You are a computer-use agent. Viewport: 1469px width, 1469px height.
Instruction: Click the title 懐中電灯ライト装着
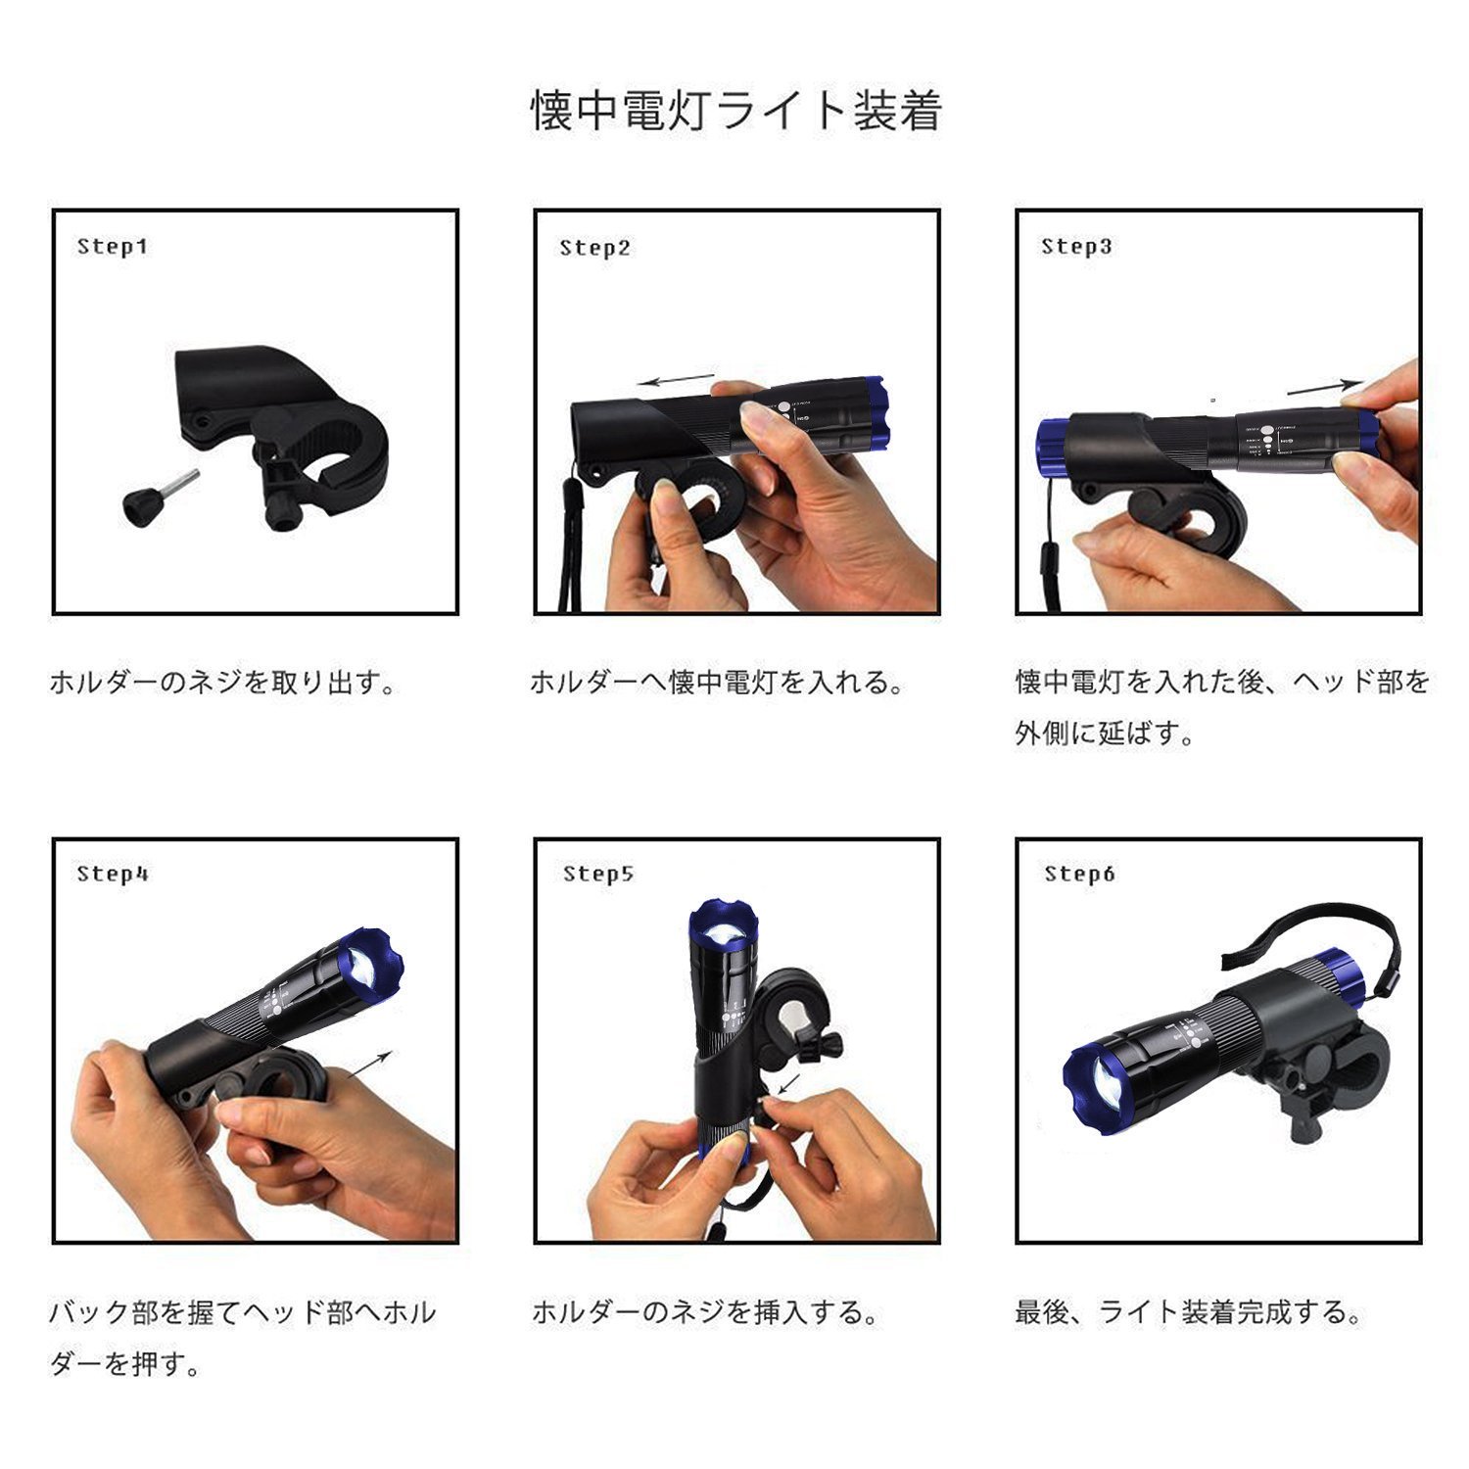pyautogui.click(x=736, y=111)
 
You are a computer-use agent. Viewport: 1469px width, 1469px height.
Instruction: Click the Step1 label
pyautogui.click(x=113, y=247)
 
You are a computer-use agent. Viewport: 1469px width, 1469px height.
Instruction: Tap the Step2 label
pyautogui.click(x=595, y=249)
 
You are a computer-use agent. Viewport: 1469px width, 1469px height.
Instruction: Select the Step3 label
pyautogui.click(x=1076, y=247)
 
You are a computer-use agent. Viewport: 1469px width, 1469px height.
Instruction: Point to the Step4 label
pyautogui.click(x=113, y=875)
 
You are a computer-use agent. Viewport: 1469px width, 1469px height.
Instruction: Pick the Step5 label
pyautogui.click(x=598, y=875)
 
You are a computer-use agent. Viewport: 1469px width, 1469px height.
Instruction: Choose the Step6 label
pyautogui.click(x=1079, y=874)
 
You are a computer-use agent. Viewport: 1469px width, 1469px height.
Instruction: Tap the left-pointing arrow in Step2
pyautogui.click(x=676, y=380)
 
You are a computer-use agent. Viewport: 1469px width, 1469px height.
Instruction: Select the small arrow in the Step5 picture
pyautogui.click(x=788, y=1084)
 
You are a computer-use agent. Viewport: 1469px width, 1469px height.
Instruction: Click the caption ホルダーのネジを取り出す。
pyautogui.click(x=224, y=683)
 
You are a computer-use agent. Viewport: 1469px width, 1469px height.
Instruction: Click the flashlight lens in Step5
pyautogui.click(x=724, y=934)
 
